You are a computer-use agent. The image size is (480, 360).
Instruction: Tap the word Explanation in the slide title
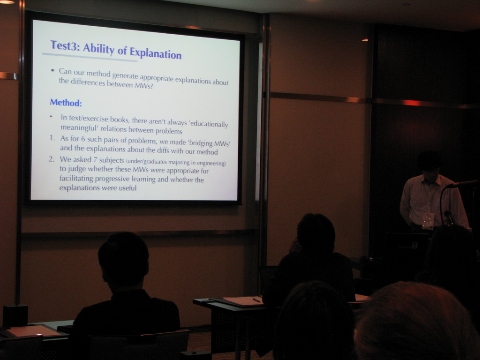[x=156, y=53]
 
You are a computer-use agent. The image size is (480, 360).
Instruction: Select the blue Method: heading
[x=66, y=103]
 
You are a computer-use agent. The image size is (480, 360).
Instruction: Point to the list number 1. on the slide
[x=52, y=138]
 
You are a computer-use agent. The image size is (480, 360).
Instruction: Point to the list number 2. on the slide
[x=52, y=159]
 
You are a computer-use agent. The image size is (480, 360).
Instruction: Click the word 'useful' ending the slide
[x=127, y=187]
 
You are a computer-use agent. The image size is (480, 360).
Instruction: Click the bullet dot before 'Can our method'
[x=52, y=70]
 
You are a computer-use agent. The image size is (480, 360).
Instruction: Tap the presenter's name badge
[x=427, y=221]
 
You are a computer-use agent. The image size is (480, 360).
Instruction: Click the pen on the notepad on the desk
[x=256, y=300]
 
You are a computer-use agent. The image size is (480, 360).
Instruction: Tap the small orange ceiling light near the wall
[x=365, y=40]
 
